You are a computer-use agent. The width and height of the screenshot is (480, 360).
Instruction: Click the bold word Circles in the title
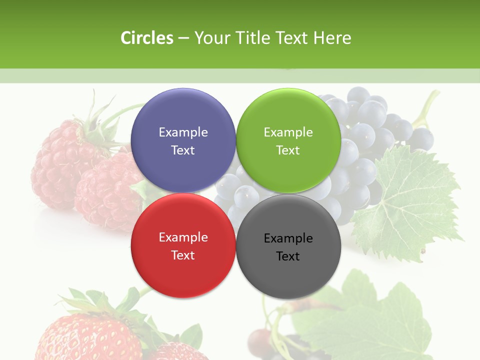(x=147, y=38)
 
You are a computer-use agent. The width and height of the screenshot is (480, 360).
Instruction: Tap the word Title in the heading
(x=251, y=38)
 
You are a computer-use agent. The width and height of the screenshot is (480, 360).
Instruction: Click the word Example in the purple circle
(x=183, y=132)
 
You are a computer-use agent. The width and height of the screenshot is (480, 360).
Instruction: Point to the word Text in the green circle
(x=288, y=150)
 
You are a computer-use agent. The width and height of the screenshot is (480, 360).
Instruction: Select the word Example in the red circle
(x=183, y=237)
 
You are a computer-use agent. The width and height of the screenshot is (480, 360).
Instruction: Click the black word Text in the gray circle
(x=288, y=256)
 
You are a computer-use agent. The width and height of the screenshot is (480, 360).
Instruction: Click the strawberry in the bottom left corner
(x=90, y=335)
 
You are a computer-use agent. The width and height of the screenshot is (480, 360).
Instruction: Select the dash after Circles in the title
(x=183, y=38)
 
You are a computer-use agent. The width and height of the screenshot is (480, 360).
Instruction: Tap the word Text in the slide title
(x=292, y=38)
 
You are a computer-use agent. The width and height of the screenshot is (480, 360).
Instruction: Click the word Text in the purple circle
(x=183, y=150)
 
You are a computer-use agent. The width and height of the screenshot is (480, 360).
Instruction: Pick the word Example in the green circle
(x=288, y=132)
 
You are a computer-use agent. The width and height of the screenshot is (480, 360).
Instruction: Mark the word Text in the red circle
(x=183, y=255)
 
